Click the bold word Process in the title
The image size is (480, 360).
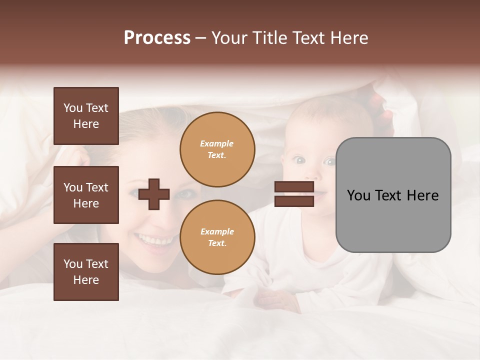coord(157,38)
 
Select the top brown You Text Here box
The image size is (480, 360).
coord(86,116)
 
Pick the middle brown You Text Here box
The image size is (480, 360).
coord(86,195)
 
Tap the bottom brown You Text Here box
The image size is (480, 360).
coord(86,272)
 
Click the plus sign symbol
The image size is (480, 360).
coord(154,194)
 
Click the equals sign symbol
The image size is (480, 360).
coord(294,194)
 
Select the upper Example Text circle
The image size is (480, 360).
coord(217,149)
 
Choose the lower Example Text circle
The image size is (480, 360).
coord(217,237)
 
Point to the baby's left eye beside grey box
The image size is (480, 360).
coord(328,161)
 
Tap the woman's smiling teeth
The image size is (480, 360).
coord(155,241)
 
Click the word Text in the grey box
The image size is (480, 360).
coord(393,195)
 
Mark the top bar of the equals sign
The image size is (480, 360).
coord(294,187)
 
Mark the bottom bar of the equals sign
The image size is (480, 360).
coord(294,201)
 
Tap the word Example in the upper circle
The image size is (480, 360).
coord(216,143)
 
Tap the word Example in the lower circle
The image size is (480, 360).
coord(217,231)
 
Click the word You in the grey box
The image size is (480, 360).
coord(359,195)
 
